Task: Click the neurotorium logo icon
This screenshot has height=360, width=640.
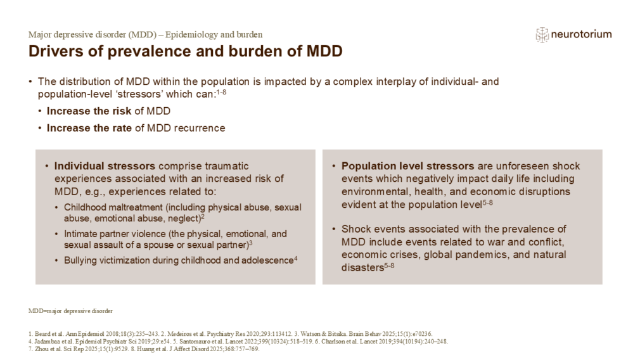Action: [542, 35]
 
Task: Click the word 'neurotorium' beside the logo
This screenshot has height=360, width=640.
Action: [581, 34]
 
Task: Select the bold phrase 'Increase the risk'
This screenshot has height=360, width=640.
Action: [89, 111]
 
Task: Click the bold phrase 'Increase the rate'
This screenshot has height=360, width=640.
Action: [89, 128]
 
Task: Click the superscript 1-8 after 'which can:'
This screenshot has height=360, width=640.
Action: [221, 93]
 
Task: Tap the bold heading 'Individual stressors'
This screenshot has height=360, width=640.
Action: [105, 166]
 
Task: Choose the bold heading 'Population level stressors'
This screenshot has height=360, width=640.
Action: [407, 166]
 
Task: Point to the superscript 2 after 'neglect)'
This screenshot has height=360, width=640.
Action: [203, 217]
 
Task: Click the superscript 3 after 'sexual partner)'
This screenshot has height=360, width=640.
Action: [250, 243]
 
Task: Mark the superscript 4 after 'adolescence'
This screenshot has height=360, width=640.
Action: [295, 259]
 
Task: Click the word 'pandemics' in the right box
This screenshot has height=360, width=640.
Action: [488, 255]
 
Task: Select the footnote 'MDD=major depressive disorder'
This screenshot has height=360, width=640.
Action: [70, 311]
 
